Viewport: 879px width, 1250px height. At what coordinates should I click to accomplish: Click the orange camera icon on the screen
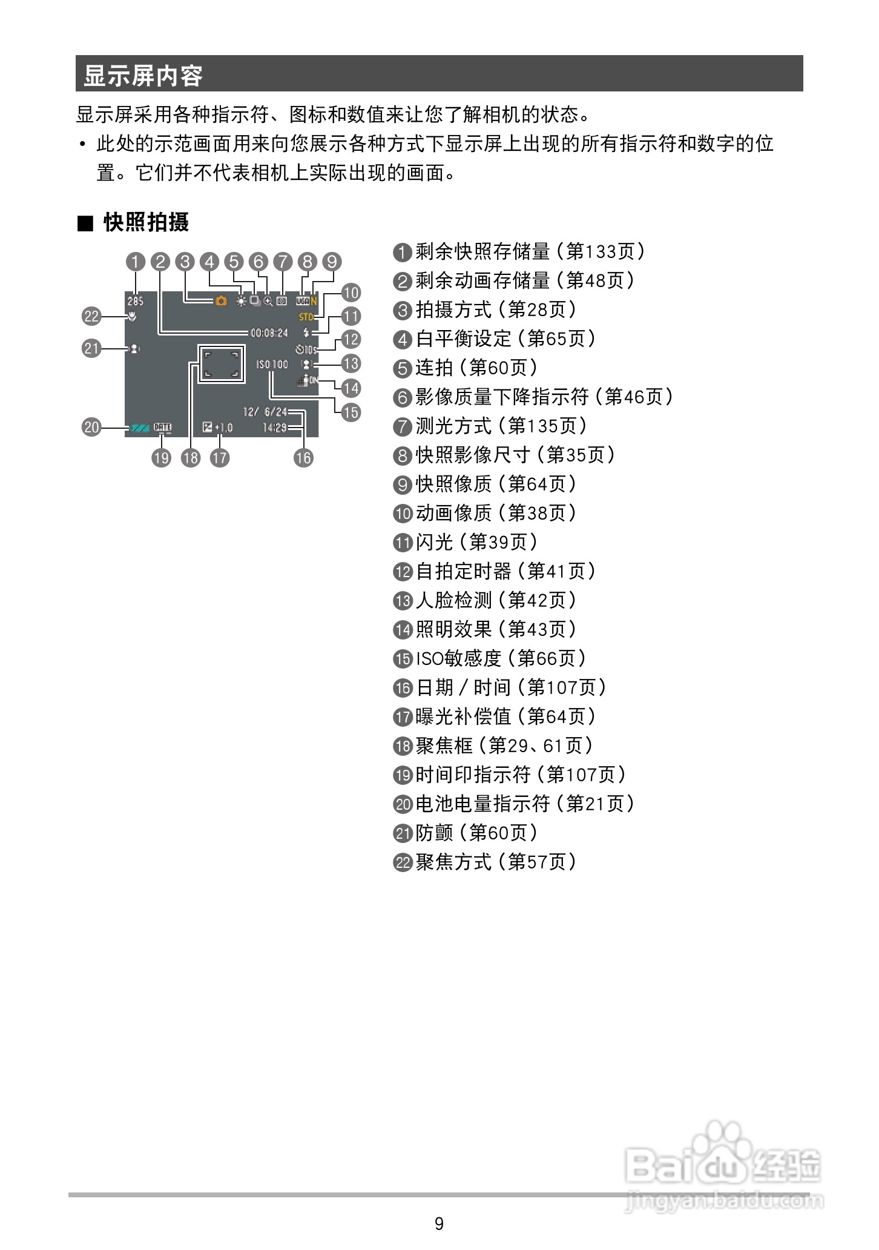click(x=221, y=300)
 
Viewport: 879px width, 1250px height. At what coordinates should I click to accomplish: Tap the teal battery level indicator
click(x=139, y=428)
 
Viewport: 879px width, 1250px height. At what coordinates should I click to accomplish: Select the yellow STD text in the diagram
click(x=306, y=317)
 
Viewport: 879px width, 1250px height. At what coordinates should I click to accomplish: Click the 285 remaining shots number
click(x=136, y=301)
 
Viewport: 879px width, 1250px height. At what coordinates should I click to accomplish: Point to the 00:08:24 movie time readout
click(x=269, y=333)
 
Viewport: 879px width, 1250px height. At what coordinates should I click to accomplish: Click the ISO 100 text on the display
click(x=272, y=365)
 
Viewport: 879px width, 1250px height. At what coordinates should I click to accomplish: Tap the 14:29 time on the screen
click(x=274, y=428)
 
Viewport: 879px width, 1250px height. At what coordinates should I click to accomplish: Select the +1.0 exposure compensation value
click(x=224, y=428)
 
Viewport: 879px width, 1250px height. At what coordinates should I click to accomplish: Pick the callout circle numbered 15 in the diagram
click(x=351, y=412)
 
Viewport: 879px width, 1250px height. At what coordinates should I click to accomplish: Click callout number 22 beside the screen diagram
click(x=91, y=316)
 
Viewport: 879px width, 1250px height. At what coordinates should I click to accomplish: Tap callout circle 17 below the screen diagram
click(x=220, y=457)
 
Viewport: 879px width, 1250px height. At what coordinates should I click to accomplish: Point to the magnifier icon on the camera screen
click(x=268, y=301)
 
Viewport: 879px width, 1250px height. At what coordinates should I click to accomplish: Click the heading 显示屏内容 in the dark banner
click(x=143, y=75)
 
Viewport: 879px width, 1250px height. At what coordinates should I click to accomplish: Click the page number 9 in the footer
click(x=439, y=1223)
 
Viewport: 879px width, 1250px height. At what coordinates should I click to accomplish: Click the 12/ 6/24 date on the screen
click(x=265, y=412)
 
